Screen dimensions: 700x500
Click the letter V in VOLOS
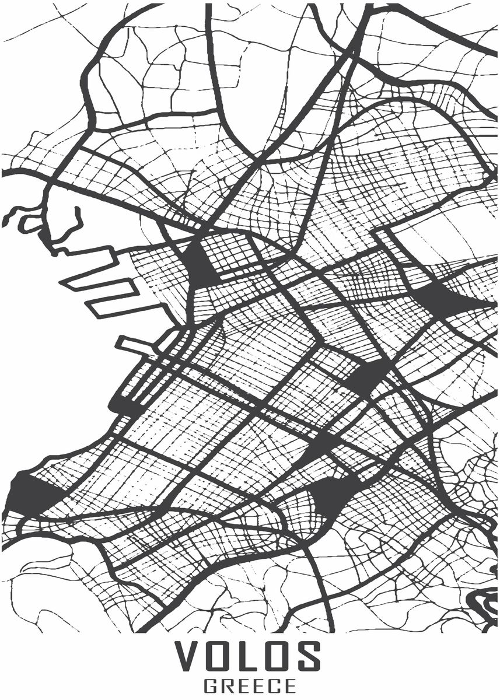tap(190, 656)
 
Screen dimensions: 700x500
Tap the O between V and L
tap(223, 656)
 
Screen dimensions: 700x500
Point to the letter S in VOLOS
tap(309, 656)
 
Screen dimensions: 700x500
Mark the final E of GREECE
tap(289, 684)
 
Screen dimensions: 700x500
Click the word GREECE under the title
tap(250, 684)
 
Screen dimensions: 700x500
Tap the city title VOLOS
tap(249, 656)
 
